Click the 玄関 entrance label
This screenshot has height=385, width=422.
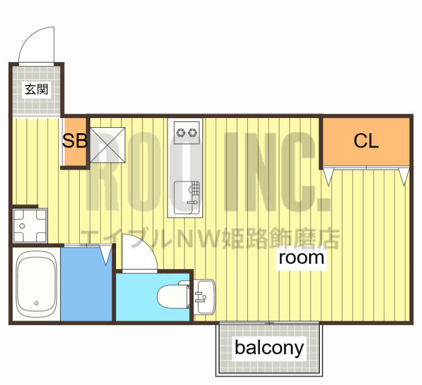pos(36,89)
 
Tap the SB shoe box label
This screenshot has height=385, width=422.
pos(75,140)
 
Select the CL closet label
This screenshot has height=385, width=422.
pos(366,140)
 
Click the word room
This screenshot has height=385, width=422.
pos(301,258)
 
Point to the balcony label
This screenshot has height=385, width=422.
pos(270,348)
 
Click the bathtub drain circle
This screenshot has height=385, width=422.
pos(36,303)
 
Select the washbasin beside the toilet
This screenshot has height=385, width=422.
pos(204,297)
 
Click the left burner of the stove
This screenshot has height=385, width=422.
pos(180,133)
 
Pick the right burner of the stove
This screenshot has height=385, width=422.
pos(192,133)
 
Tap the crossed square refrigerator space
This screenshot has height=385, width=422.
pos(107,145)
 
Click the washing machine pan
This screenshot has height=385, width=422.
pos(30,225)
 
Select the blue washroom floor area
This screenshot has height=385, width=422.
pos(86,284)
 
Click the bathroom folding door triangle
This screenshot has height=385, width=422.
pos(105,254)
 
